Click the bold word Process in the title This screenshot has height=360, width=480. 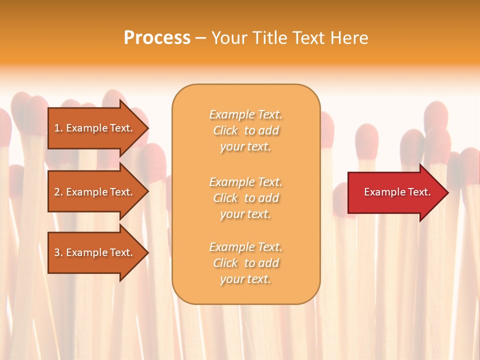[x=157, y=38]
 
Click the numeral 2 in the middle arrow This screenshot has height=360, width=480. [x=57, y=192]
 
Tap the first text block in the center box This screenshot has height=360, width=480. [x=245, y=130]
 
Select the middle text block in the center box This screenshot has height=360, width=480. [x=245, y=198]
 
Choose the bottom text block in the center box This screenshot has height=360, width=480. [x=245, y=263]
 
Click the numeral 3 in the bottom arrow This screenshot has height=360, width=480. [x=57, y=252]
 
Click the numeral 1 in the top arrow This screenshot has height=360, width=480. [x=57, y=128]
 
